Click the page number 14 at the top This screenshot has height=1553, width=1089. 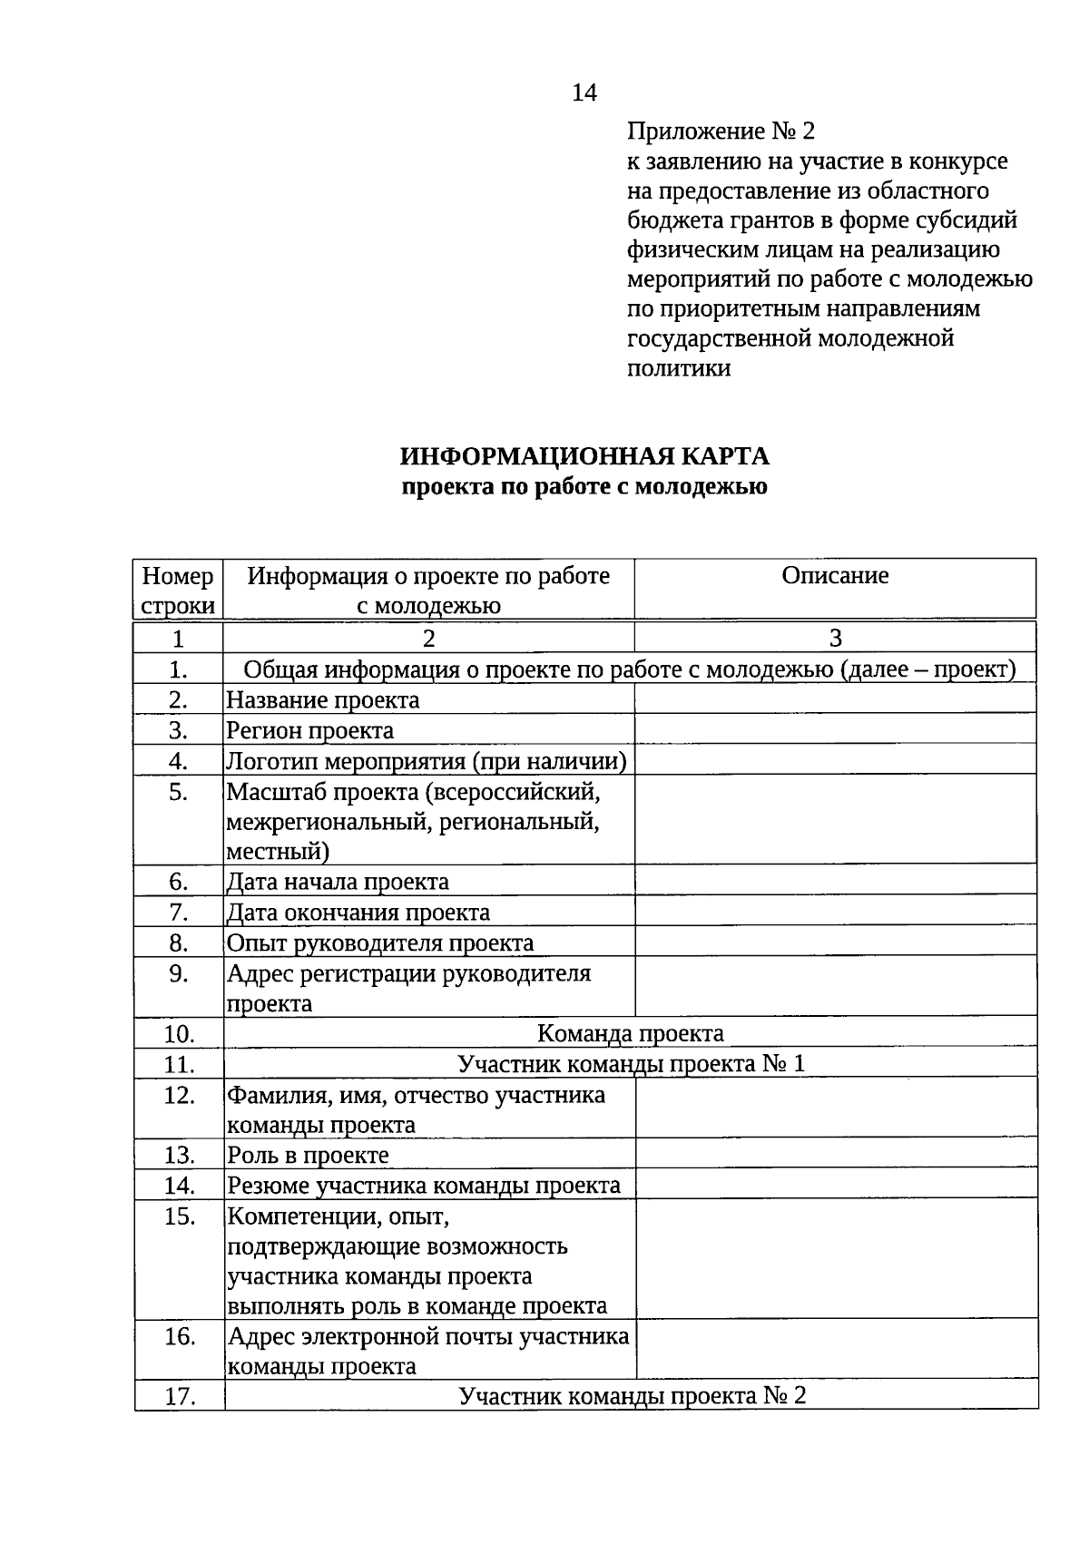point(584,93)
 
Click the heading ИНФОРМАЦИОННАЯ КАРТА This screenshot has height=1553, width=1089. point(584,455)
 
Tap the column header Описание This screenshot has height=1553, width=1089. point(835,576)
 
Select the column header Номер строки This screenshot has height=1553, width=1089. point(179,590)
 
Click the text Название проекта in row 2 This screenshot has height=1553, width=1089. point(323,700)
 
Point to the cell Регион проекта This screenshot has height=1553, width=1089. point(310,731)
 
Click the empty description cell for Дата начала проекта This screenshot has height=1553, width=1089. point(835,882)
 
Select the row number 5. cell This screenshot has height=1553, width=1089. point(179,793)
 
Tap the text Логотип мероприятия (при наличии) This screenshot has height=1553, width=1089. point(427,761)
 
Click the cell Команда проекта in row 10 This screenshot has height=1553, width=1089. point(631,1034)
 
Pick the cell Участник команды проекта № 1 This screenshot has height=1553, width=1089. point(631,1064)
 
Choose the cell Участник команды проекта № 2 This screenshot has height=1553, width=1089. point(632,1396)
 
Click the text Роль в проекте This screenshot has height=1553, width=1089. point(309,1156)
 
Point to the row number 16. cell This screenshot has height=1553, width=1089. point(180,1337)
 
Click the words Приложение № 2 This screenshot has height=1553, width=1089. point(721,132)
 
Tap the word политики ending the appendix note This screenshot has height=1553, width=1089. point(679,368)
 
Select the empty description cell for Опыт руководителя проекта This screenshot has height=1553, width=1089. point(835,943)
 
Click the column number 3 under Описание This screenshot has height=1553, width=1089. point(835,639)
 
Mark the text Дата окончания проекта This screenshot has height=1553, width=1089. point(358,913)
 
